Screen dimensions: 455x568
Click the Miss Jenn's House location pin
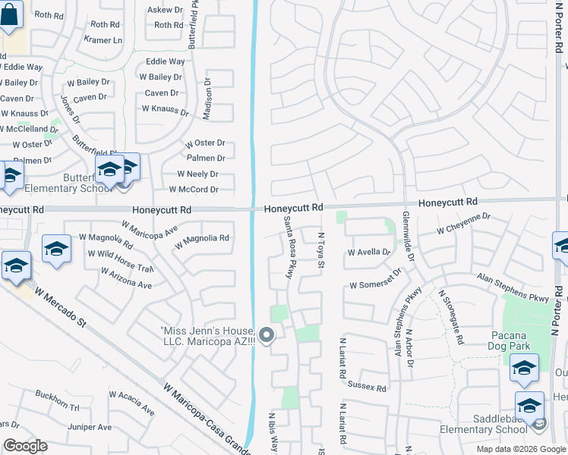coord(266,334)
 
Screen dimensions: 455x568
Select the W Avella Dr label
coord(368,252)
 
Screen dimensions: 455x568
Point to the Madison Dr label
coord(207,98)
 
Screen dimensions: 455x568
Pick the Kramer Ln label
coord(103,39)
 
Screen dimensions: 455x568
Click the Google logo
coord(25,446)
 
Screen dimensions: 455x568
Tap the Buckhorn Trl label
coord(57,400)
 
